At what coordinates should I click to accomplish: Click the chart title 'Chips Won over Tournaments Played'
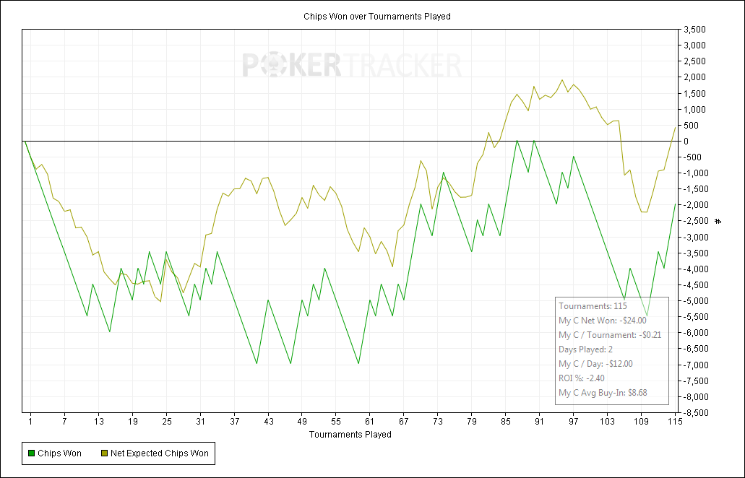376,16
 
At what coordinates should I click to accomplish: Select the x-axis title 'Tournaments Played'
350,435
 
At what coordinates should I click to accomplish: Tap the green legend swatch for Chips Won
31,453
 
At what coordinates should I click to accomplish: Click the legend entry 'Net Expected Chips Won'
159,453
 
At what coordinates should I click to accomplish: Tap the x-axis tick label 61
370,422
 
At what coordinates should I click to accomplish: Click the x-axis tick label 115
675,422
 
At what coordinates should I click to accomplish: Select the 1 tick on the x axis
31,422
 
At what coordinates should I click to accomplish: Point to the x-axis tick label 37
234,422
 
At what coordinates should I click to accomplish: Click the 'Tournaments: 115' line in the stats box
593,306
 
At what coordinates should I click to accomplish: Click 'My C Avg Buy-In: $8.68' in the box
602,393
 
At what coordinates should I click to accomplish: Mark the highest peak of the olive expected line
562,80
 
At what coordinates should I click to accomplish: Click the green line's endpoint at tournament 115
675,204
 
